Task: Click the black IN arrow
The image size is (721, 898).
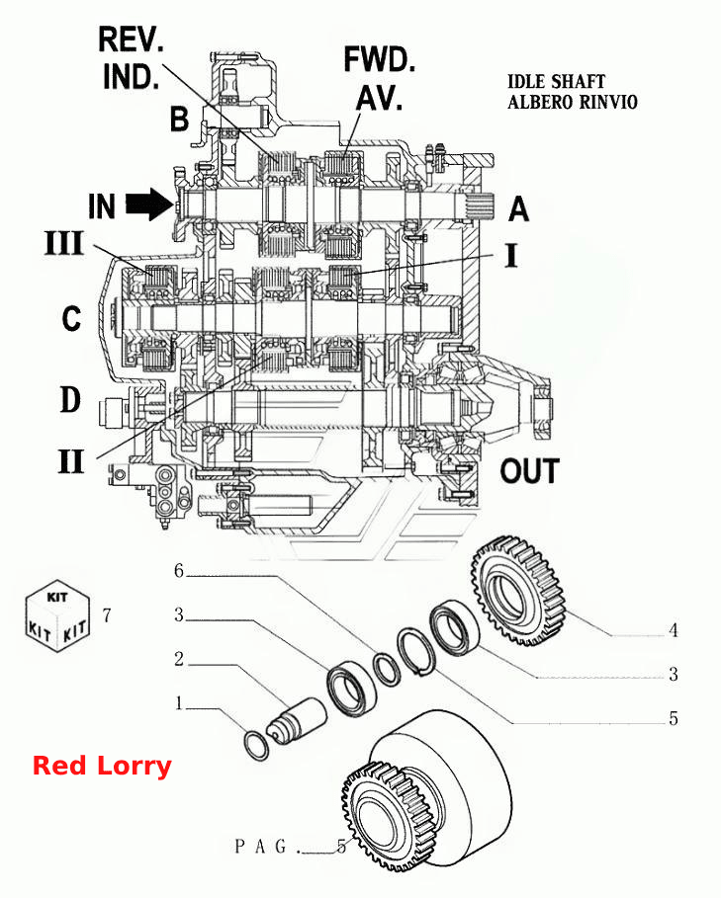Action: tap(148, 205)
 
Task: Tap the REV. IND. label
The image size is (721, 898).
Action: tap(131, 58)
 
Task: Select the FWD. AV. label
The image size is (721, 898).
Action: tap(379, 78)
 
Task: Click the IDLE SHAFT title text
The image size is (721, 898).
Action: tap(556, 81)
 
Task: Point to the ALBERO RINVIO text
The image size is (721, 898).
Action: tap(572, 102)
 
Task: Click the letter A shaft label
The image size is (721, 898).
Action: tap(518, 207)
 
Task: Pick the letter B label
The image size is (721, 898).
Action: tap(179, 120)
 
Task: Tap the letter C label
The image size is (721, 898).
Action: tap(71, 318)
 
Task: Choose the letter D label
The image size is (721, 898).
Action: tap(70, 399)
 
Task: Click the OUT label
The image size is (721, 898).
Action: tap(529, 471)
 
